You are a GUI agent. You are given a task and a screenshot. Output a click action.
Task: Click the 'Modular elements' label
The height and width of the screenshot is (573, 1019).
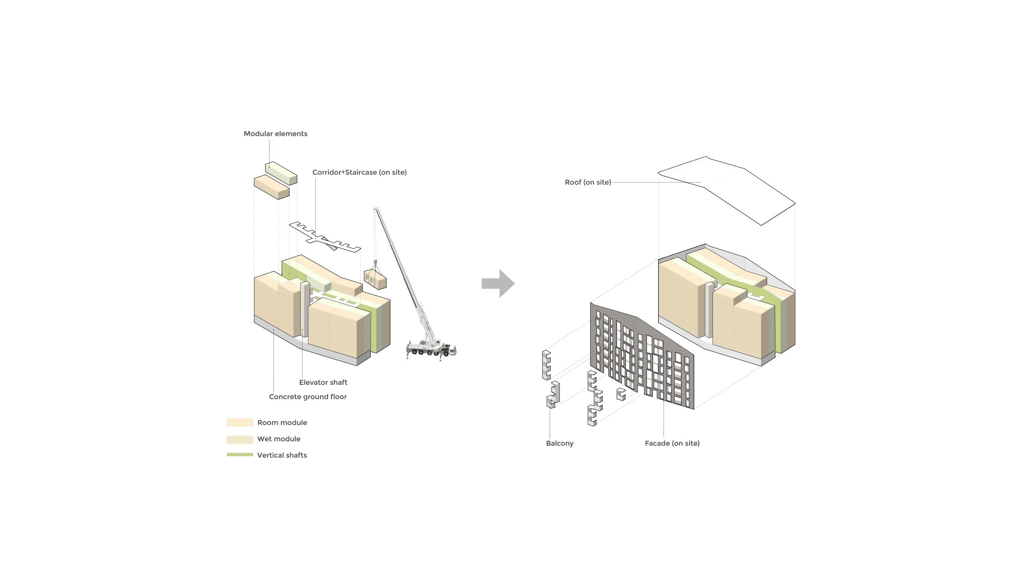275,134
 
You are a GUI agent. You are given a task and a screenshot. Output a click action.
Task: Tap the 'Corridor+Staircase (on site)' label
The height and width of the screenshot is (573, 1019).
359,172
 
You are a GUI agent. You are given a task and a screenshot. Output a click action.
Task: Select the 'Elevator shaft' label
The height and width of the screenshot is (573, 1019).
323,382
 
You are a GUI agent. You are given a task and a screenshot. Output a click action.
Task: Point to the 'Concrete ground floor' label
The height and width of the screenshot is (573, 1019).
308,397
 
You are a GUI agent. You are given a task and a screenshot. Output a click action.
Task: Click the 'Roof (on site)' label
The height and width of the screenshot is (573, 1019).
588,182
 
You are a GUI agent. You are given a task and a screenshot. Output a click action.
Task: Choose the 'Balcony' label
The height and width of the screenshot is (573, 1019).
559,443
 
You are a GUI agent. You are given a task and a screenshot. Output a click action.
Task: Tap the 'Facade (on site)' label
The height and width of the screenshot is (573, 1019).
672,443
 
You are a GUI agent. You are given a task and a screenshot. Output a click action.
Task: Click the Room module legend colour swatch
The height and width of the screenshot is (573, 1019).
240,423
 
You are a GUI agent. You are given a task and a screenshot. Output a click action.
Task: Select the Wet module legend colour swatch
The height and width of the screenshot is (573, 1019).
240,439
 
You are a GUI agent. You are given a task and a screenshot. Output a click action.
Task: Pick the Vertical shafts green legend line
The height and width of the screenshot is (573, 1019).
240,455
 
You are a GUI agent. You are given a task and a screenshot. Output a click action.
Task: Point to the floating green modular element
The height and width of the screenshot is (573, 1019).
281,173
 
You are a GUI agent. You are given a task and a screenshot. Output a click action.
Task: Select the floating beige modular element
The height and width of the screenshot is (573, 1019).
271,187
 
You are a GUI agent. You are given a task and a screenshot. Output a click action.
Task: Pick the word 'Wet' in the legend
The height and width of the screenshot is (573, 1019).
265,439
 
